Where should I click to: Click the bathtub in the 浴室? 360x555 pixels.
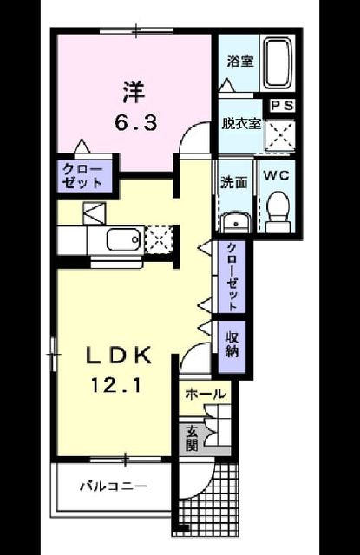coord(279,64)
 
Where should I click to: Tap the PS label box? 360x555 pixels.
coord(282,106)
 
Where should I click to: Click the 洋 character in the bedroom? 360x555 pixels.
coord(134,91)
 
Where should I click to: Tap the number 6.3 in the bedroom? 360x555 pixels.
coord(135,123)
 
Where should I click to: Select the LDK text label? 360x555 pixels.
coord(121,355)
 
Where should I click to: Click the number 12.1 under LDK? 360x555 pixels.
coord(116,384)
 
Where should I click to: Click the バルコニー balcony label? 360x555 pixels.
coord(113,486)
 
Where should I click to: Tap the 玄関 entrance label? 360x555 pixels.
coord(192,440)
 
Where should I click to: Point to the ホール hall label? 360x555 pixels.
coord(206,394)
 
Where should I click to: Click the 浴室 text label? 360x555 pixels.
coord(240,62)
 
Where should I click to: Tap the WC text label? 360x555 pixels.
coord(276,175)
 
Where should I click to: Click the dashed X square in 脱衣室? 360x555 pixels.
coord(280,135)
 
